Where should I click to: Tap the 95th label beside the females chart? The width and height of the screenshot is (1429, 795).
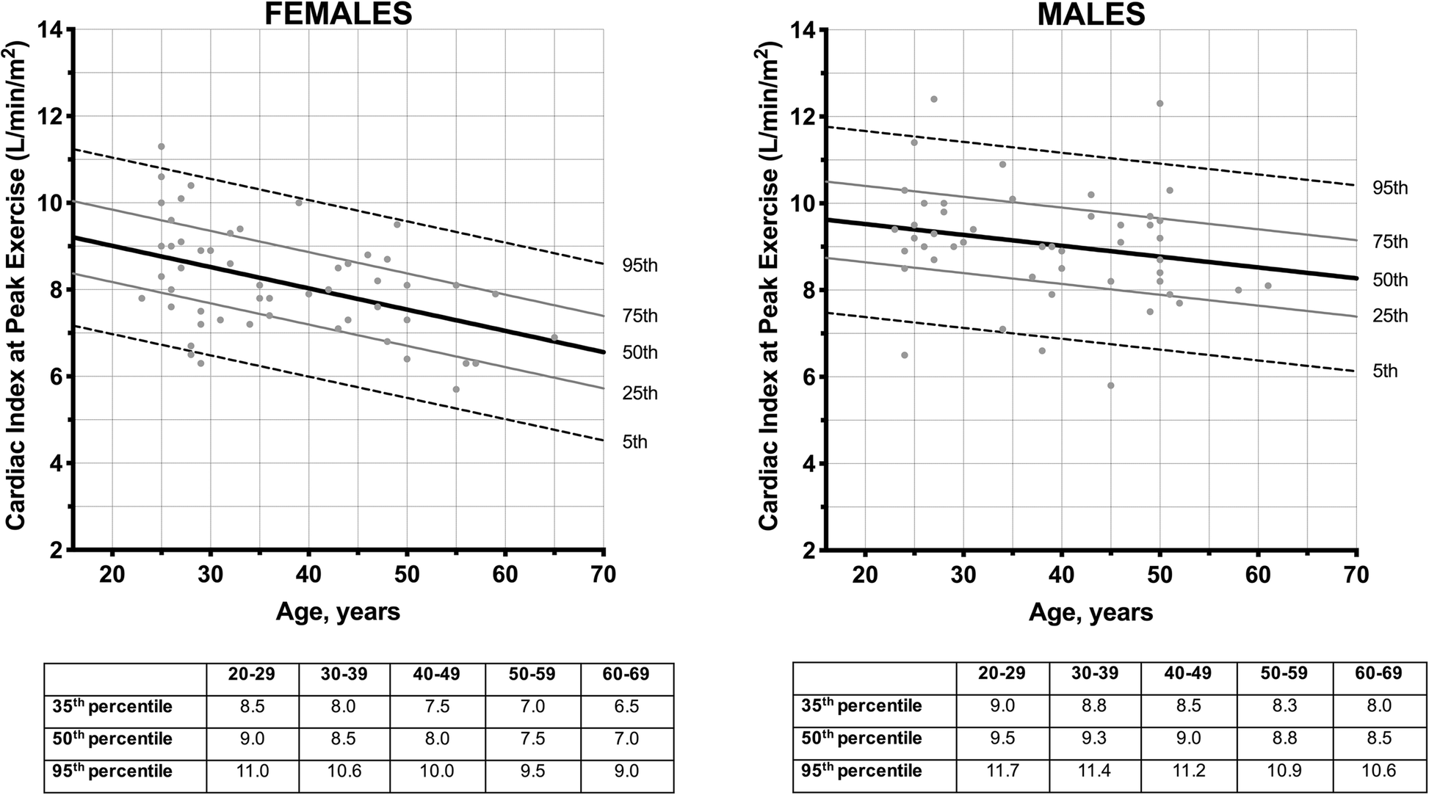(640, 266)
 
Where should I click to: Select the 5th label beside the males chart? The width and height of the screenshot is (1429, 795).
(1385, 371)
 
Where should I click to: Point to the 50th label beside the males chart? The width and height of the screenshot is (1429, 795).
(1390, 280)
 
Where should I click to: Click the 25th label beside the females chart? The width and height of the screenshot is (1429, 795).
(640, 394)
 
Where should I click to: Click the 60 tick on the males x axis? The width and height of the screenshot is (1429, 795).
(1258, 575)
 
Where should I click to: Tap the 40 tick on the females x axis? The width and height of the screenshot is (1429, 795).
(308, 575)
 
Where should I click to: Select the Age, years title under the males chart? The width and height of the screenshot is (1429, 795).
(1091, 611)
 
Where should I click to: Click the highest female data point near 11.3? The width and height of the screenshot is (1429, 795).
(162, 146)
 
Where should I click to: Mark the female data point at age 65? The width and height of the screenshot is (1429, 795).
(554, 338)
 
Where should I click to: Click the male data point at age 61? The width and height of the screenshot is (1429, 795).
(1268, 286)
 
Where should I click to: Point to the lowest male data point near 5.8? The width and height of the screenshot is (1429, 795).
(1111, 385)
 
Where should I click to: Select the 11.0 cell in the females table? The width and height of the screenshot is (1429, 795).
(252, 771)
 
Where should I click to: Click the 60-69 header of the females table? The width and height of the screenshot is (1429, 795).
(627, 674)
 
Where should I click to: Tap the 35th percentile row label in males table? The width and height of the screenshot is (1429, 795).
(859, 706)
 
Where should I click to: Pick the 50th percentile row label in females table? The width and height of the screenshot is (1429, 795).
(112, 738)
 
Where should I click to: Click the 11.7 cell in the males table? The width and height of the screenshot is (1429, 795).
(1002, 771)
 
